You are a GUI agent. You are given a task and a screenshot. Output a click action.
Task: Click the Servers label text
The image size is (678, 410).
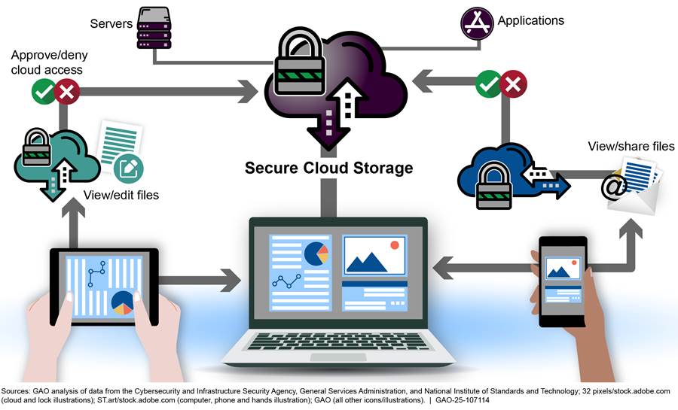[x=111, y=24]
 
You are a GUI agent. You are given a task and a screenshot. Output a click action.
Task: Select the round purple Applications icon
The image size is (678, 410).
[x=477, y=23]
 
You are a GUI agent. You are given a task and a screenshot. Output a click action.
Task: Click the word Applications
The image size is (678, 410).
[x=530, y=21]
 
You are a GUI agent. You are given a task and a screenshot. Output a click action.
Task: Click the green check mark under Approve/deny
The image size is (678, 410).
[x=43, y=93]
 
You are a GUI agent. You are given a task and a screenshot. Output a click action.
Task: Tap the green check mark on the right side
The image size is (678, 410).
[x=488, y=84]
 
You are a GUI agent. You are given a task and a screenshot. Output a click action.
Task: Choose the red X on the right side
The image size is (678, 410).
[x=514, y=84]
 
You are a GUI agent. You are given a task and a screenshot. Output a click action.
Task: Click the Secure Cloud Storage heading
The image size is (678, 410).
[x=328, y=168]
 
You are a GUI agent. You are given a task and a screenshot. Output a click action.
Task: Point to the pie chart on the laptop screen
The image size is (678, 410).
[x=317, y=254]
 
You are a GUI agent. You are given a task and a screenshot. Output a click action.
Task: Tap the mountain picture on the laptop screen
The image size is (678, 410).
[x=374, y=256]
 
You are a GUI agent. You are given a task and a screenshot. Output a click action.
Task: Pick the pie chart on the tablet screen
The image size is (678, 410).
[x=121, y=302]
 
